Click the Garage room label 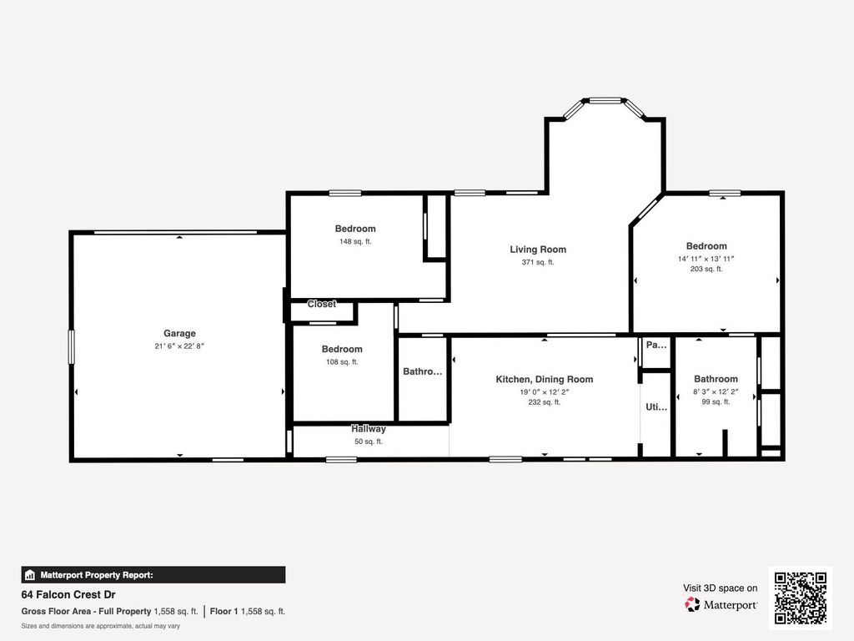pos(179,333)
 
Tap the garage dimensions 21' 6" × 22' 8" pos(179,346)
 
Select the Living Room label pos(538,249)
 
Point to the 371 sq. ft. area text pos(538,262)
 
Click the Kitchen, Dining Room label pos(544,379)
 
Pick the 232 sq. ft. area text pos(545,401)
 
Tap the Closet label pos(322,304)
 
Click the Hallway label pos(368,429)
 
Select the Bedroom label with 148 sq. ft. pos(355,229)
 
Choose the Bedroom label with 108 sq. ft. pos(342,349)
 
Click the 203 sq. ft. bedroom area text pos(706,269)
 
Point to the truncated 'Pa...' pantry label pos(656,344)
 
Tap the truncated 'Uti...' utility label pos(656,407)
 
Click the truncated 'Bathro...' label pos(422,371)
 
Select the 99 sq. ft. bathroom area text pos(716,401)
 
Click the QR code pos(800,598)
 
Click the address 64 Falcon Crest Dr pos(68,595)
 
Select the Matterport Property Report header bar pos(153,574)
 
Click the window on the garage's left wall pos(72,346)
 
